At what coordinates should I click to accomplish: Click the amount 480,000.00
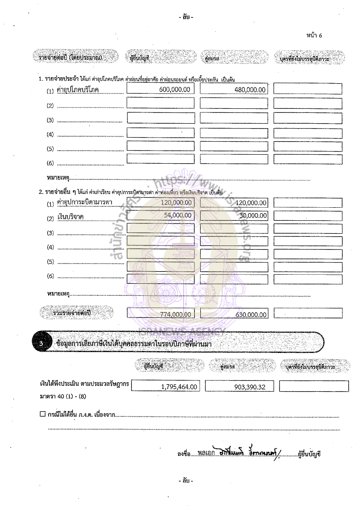point(250,90)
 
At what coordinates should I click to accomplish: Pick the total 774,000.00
point(176,314)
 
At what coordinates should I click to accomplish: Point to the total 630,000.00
point(251,315)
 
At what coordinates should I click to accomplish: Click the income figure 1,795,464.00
point(179,386)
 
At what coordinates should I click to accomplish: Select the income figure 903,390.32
point(250,386)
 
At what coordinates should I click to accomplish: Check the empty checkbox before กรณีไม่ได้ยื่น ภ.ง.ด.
point(43,414)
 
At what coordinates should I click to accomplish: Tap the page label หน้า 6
point(314,36)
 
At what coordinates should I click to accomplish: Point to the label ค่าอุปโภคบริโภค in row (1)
point(78,90)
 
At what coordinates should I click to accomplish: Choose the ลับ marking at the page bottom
point(185,481)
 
